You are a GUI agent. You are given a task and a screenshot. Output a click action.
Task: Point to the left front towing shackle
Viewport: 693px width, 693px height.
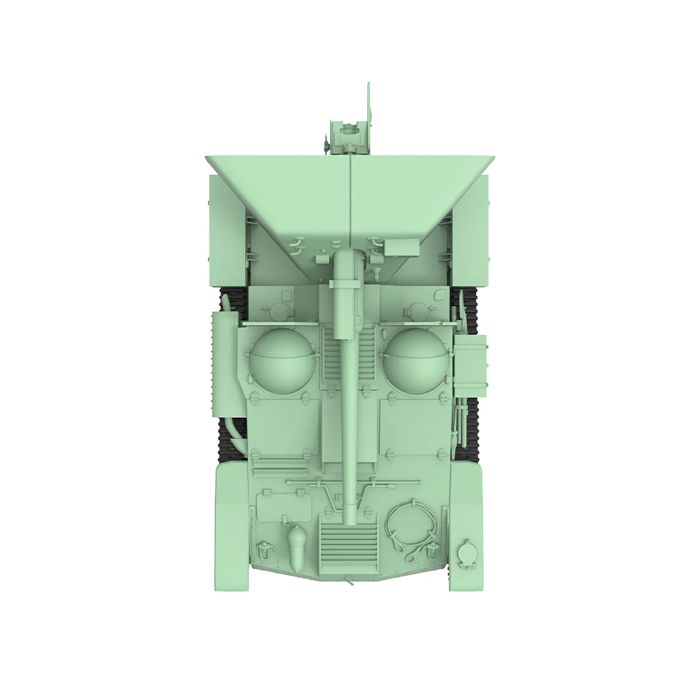pyautogui.click(x=264, y=551)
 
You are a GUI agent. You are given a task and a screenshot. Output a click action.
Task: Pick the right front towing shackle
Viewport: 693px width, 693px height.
pyautogui.click(x=434, y=551)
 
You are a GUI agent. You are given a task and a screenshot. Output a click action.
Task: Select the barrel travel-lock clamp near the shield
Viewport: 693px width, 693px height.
pyautogui.click(x=345, y=284)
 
